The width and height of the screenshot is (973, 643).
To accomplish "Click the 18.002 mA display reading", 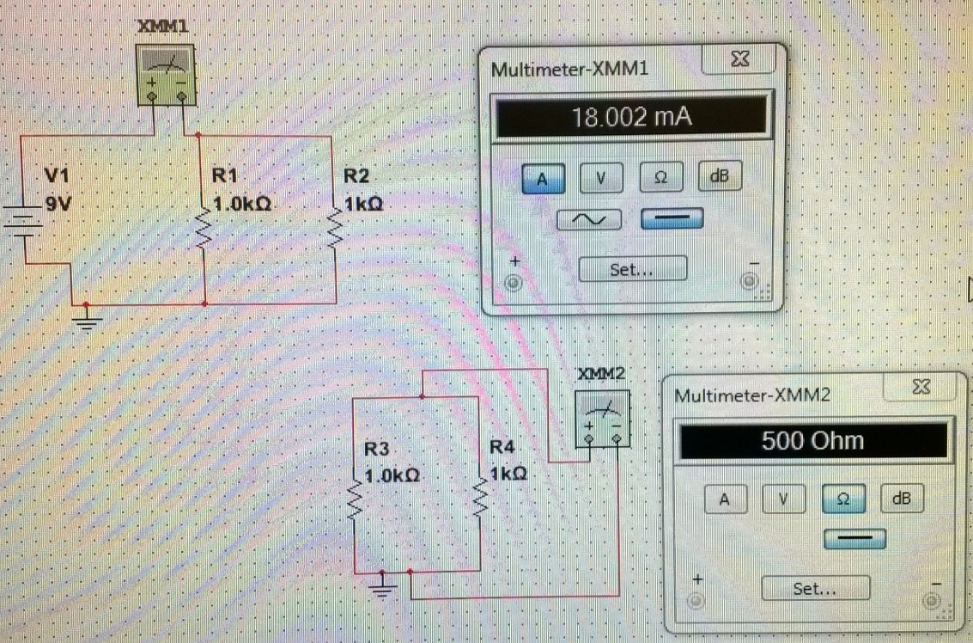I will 631,117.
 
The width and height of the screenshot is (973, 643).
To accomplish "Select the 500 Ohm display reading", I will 812,442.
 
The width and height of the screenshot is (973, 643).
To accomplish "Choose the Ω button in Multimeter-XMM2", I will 843,499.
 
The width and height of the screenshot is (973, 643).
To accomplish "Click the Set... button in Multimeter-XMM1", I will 632,269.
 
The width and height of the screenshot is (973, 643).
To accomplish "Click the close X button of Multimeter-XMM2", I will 921,388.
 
